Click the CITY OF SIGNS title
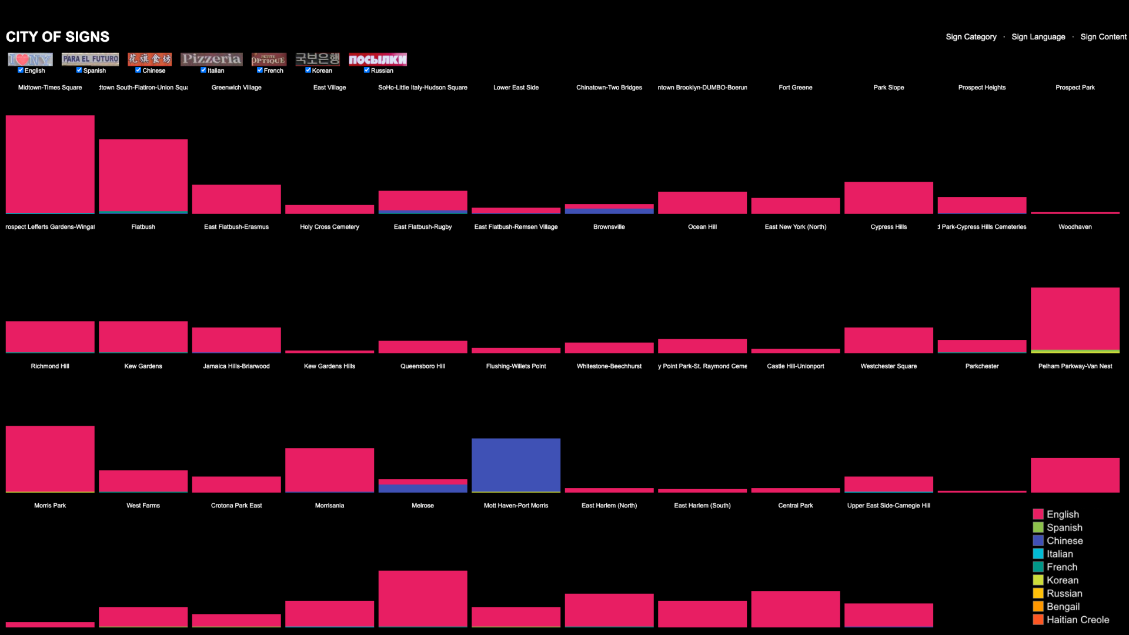pos(58,36)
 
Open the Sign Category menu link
pos(971,36)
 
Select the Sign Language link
pos(1038,36)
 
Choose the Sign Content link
pos(1103,36)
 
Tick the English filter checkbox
pos(21,70)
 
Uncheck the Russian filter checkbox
pos(367,70)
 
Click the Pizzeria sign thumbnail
pos(211,59)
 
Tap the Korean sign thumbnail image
pos(318,59)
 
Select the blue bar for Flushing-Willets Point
pos(516,464)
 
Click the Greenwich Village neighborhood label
pos(236,88)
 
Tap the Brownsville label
pos(609,227)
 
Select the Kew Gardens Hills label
pos(329,366)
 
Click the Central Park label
pos(796,506)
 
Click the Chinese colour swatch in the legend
pos(1038,540)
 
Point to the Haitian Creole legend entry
pos(1077,620)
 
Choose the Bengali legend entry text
pos(1063,606)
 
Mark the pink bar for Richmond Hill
pos(50,459)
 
